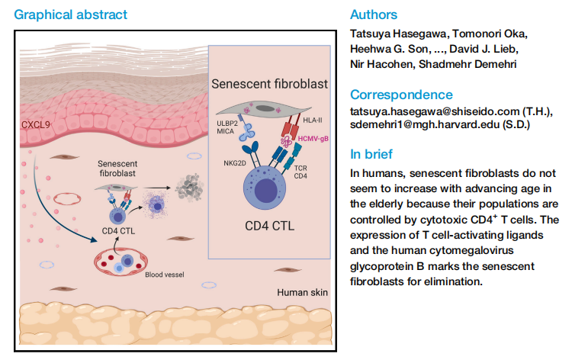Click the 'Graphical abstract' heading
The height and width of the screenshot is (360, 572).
71,14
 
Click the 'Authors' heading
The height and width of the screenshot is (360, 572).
373,14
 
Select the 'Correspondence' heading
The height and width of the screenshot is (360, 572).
400,95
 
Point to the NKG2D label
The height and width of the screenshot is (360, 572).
235,163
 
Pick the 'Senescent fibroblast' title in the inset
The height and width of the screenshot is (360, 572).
269,84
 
